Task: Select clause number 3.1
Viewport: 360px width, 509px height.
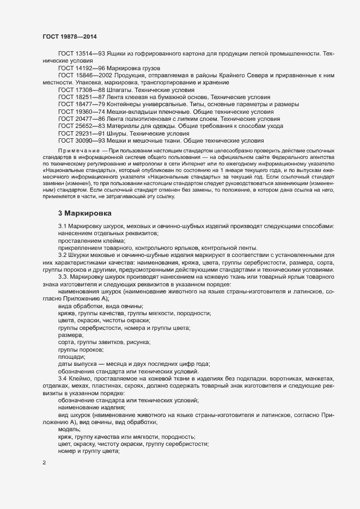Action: click(63, 226)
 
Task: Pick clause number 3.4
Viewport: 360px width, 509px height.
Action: click(63, 378)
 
